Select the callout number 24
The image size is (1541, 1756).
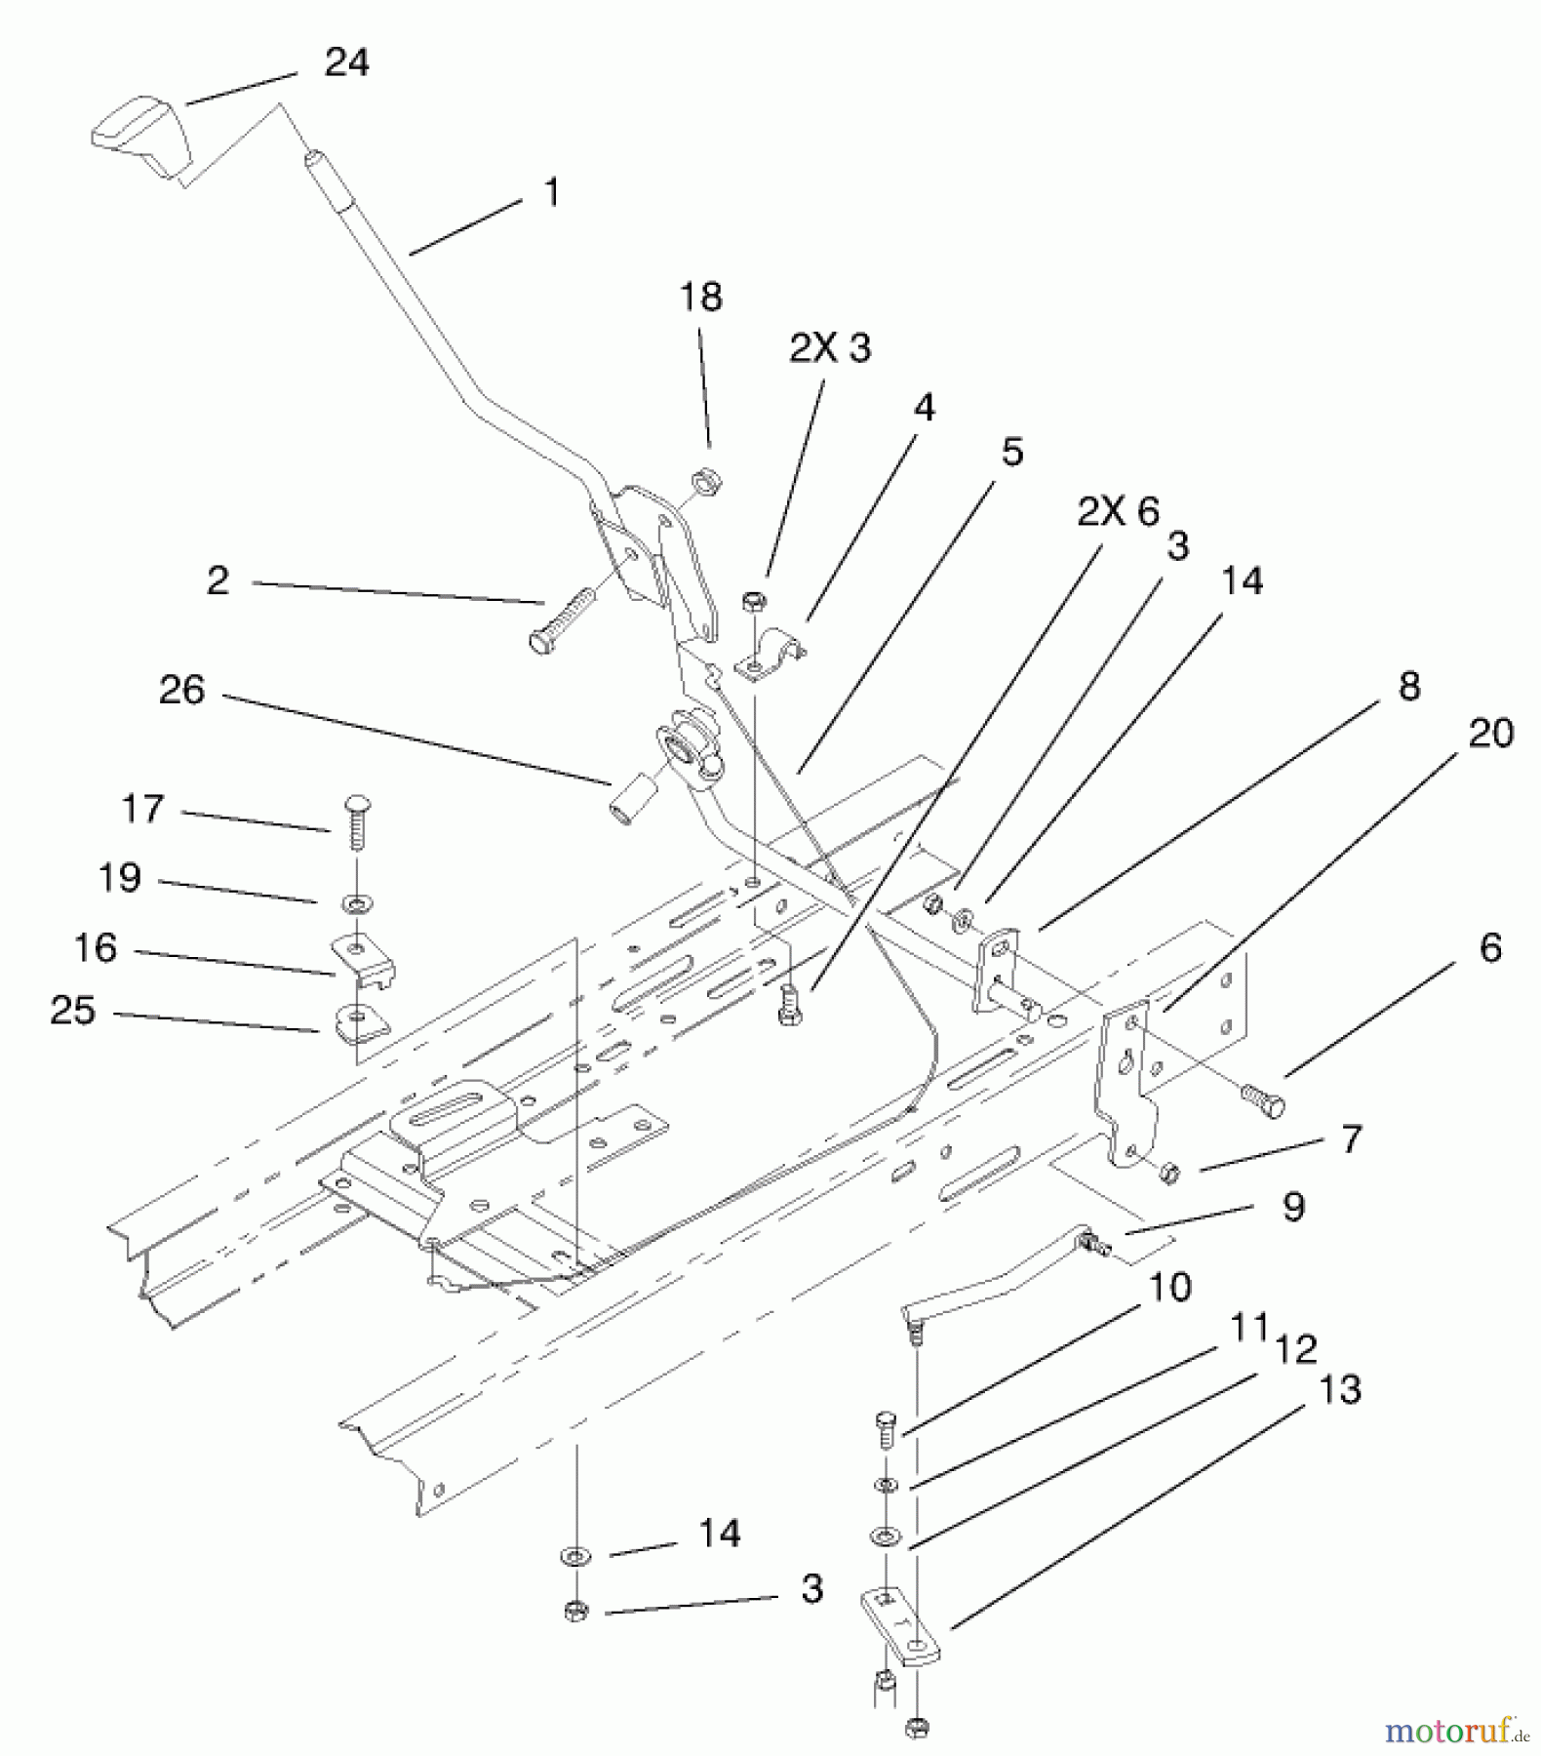346,63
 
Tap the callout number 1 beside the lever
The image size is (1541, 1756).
552,191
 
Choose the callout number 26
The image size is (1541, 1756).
182,690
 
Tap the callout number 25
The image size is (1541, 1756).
73,1010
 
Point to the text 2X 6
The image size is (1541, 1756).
1119,511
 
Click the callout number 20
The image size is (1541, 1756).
1490,734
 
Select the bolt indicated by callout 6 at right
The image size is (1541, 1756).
1262,1100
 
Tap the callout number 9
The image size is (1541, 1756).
1293,1207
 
